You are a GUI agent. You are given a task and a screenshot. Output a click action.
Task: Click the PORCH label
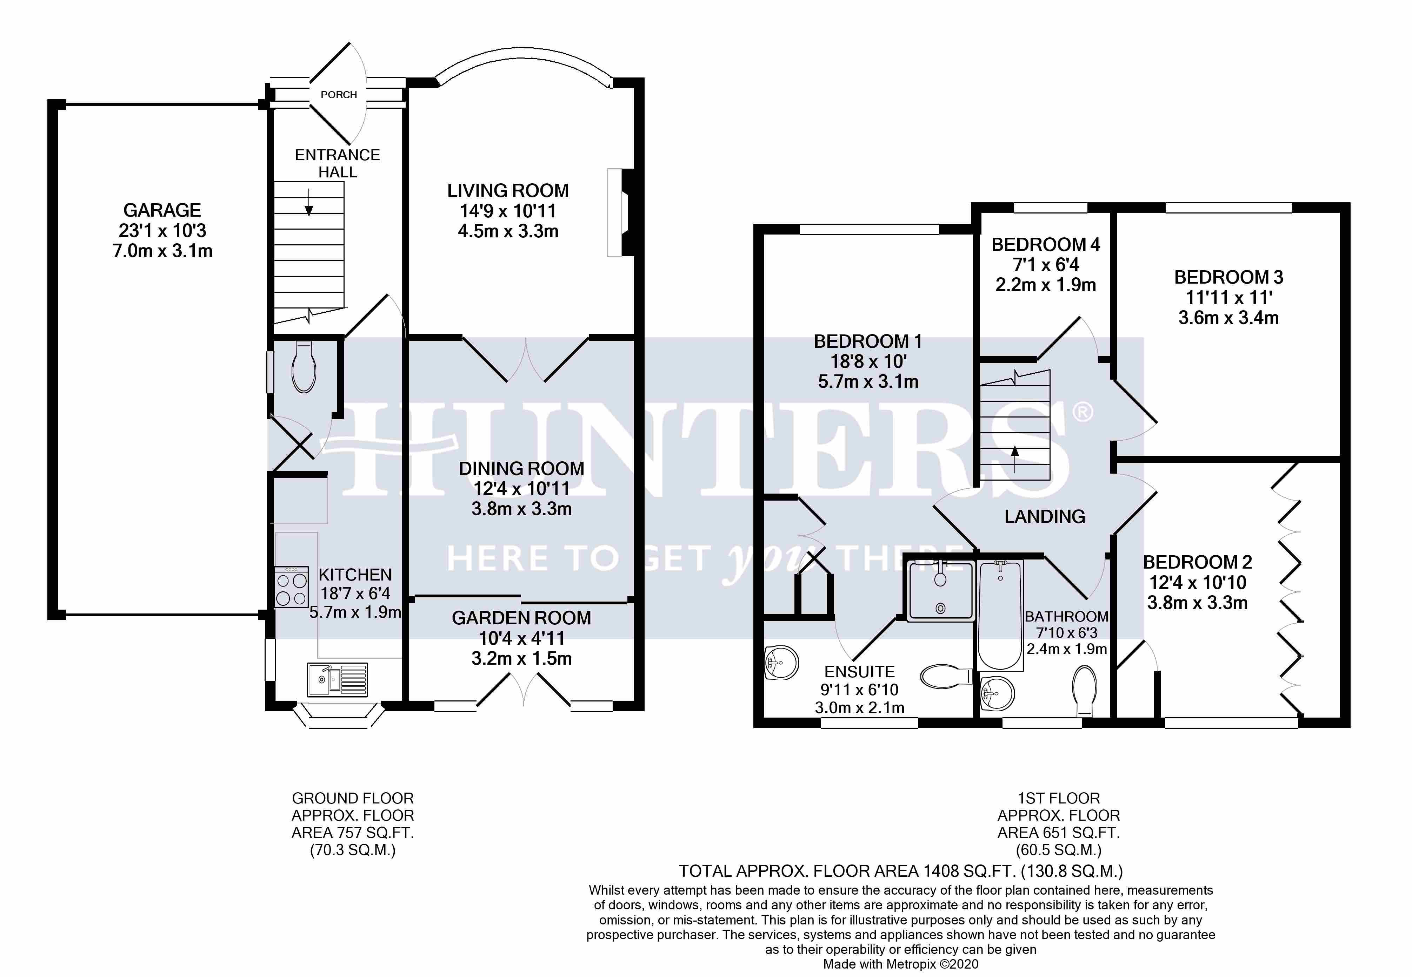coord(338,95)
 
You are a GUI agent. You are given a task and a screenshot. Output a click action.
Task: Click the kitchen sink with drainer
coord(338,679)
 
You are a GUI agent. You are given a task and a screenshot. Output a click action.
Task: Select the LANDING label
coord(1045,517)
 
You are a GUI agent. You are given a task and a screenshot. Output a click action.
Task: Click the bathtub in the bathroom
coord(1000,615)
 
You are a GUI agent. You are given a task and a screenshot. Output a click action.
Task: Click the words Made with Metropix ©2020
coord(900,964)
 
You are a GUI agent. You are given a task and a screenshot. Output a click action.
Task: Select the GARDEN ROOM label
coord(521,618)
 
